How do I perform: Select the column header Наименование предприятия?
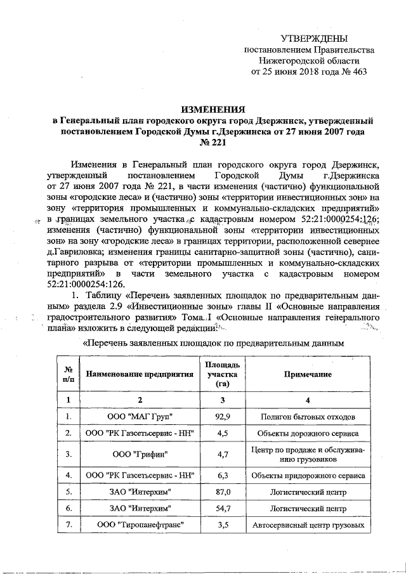click(140, 374)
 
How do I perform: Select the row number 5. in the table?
click(67, 492)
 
